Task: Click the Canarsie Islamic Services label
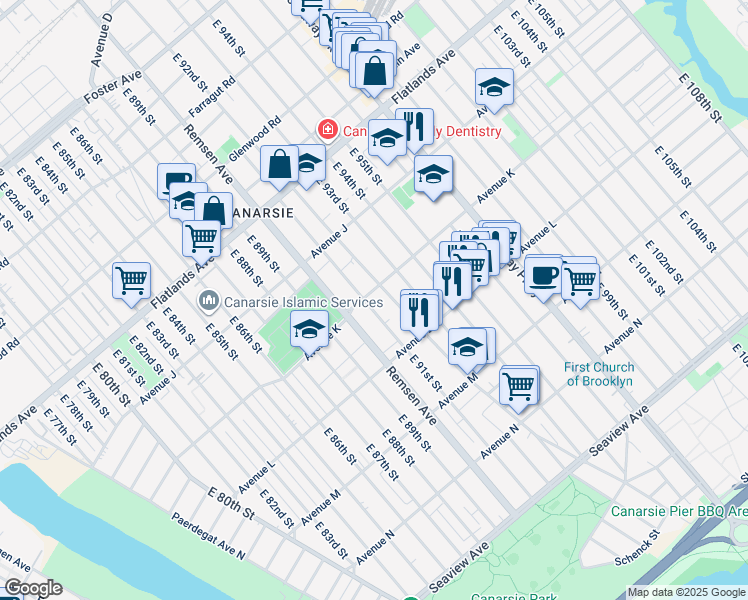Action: pyautogui.click(x=304, y=302)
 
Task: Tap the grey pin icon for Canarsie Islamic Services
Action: pyautogui.click(x=209, y=300)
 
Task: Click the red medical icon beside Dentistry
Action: pyautogui.click(x=325, y=130)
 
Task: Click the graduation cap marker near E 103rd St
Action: pyautogui.click(x=493, y=89)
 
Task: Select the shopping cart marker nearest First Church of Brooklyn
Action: pyautogui.click(x=518, y=385)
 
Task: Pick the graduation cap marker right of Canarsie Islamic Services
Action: pyautogui.click(x=310, y=328)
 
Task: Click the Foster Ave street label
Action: pyautogui.click(x=118, y=88)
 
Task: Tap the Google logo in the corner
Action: pyautogui.click(x=33, y=588)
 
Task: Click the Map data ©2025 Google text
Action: pyautogui.click(x=686, y=592)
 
